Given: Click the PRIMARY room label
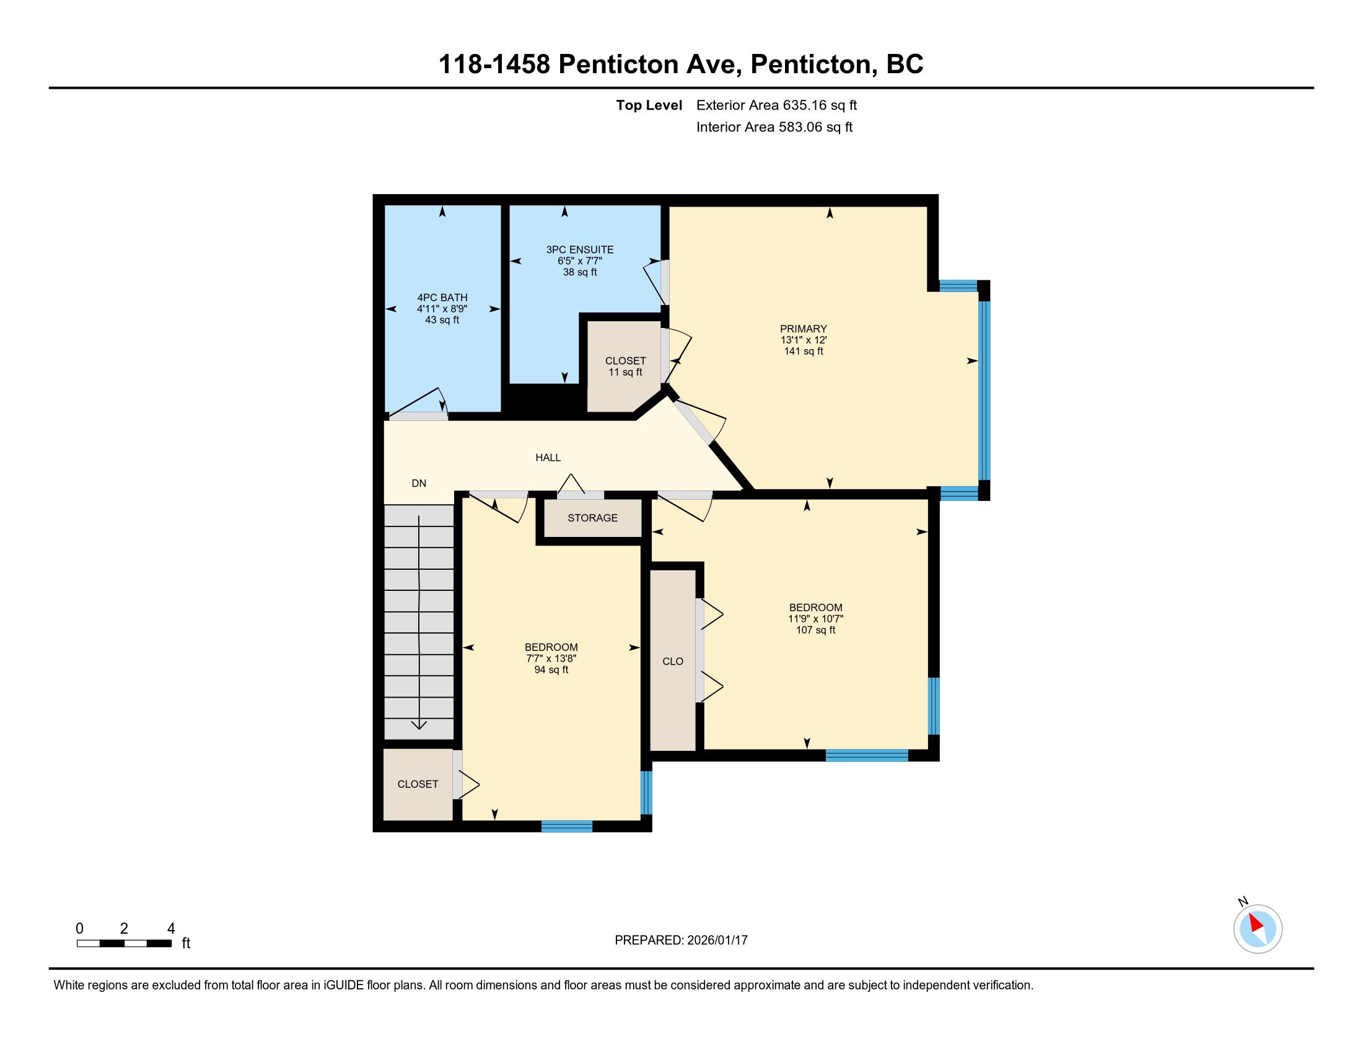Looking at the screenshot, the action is pyautogui.click(x=803, y=329).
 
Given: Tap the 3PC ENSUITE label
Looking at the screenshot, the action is pyautogui.click(x=580, y=250).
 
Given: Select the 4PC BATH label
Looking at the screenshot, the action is pyautogui.click(x=442, y=298).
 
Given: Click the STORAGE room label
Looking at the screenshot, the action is pyautogui.click(x=592, y=518).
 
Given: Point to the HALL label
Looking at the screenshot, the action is pyautogui.click(x=548, y=458).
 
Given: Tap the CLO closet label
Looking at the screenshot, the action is pyautogui.click(x=673, y=662).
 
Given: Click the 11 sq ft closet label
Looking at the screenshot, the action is pyautogui.click(x=625, y=372).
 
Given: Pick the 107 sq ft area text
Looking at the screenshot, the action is pyautogui.click(x=816, y=630).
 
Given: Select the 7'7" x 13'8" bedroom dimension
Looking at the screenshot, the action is pyautogui.click(x=551, y=658).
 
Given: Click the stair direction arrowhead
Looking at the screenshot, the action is pyautogui.click(x=419, y=724).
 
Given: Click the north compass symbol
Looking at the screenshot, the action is pyautogui.click(x=1258, y=929).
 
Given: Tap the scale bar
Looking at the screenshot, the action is pyautogui.click(x=124, y=944).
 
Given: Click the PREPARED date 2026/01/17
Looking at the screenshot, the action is pyautogui.click(x=716, y=941).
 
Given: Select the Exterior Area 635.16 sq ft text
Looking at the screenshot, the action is pyautogui.click(x=776, y=105).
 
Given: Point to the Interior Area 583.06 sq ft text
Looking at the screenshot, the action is pyautogui.click(x=774, y=127).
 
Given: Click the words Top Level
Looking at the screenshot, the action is pyautogui.click(x=649, y=105).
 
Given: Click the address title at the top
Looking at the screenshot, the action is pyautogui.click(x=681, y=64).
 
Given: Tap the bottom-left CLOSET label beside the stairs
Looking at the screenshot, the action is pyautogui.click(x=418, y=784).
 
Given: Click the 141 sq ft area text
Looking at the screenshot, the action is pyautogui.click(x=803, y=351).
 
